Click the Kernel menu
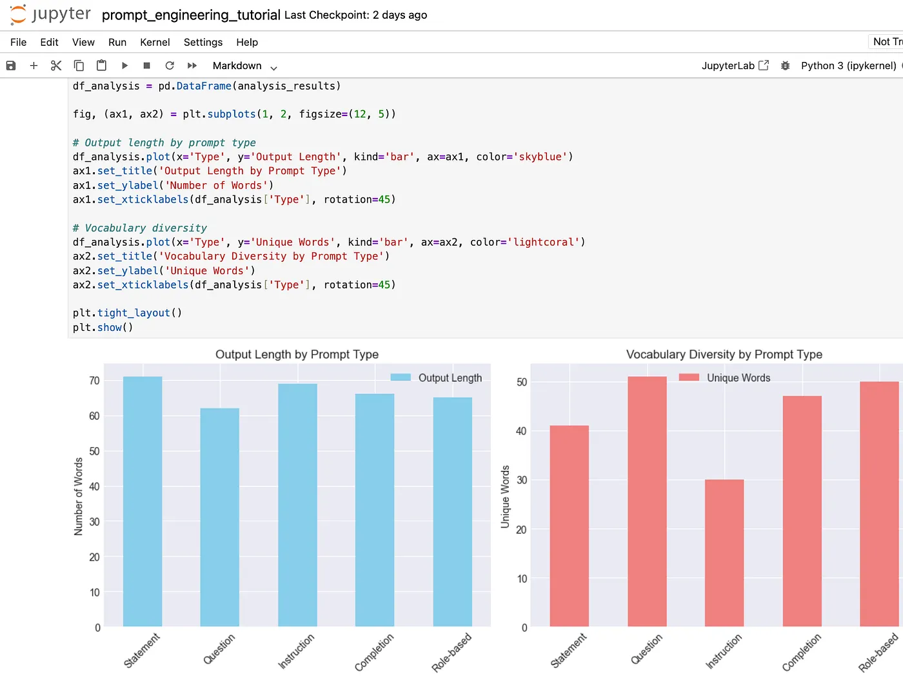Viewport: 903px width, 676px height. point(155,42)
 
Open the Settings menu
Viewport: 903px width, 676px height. point(203,42)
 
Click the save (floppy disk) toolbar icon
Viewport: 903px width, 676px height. point(11,65)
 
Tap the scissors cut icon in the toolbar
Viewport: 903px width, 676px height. point(56,65)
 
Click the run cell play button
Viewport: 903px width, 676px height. point(124,65)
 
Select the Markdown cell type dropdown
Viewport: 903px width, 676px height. point(244,66)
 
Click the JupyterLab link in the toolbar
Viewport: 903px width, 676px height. point(735,65)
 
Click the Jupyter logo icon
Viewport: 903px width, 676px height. point(18,15)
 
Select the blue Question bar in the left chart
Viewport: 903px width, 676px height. point(220,517)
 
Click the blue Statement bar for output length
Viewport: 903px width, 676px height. point(143,502)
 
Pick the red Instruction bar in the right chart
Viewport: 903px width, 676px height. point(724,553)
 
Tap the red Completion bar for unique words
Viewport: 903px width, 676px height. point(802,511)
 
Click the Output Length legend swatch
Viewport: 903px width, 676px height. point(401,377)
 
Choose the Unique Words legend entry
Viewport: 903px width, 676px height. point(724,377)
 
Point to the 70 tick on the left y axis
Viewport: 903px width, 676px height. point(94,381)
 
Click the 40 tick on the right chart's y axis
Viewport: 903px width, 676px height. point(521,431)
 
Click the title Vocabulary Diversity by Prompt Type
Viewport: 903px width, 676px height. point(724,354)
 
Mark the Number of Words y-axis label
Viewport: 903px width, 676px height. point(78,496)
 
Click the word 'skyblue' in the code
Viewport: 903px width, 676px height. point(540,157)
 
